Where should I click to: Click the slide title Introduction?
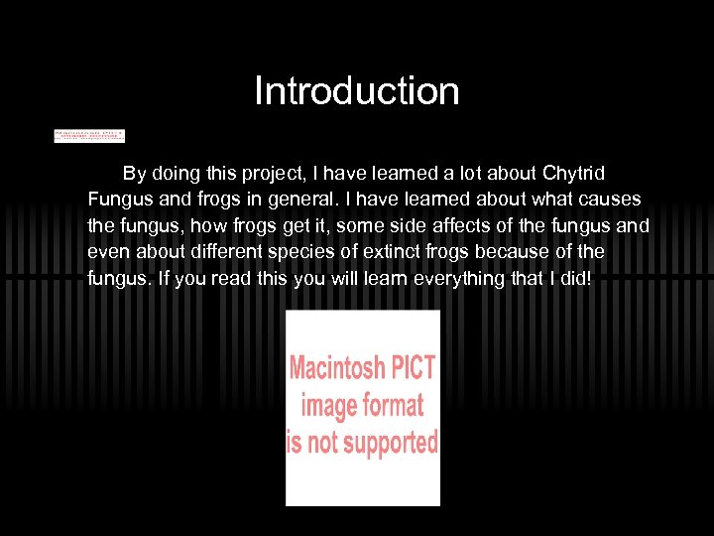click(x=357, y=91)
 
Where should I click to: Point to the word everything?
click(x=454, y=278)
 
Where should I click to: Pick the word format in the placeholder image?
click(x=391, y=405)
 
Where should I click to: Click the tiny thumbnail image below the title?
click(x=89, y=135)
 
